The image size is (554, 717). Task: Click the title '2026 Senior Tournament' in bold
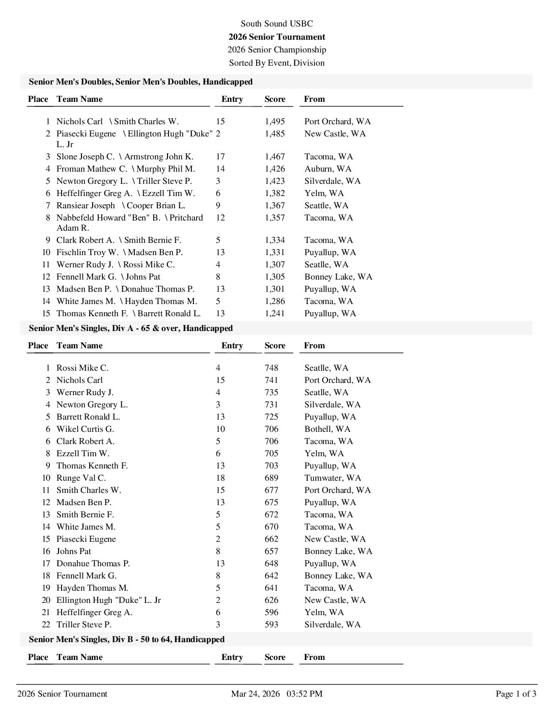tap(276, 37)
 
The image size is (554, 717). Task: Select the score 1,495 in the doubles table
tap(274, 121)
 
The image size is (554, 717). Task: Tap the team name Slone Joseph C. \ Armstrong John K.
tap(125, 156)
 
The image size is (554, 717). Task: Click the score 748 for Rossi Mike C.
tap(271, 368)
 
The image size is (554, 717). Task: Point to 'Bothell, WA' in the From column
tap(327, 429)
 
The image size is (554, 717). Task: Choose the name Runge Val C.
tap(81, 478)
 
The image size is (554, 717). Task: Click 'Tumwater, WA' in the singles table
tap(333, 478)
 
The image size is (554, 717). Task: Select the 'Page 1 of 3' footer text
tap(516, 694)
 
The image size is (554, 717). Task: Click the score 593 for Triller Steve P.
tap(271, 624)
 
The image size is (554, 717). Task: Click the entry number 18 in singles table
tap(220, 478)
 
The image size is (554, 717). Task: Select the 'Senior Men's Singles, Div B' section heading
tap(127, 639)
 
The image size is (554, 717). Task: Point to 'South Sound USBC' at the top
tap(276, 23)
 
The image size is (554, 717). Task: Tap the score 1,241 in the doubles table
tap(274, 313)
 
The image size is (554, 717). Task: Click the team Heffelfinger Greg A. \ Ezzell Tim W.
tap(125, 193)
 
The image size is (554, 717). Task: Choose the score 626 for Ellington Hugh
tap(271, 600)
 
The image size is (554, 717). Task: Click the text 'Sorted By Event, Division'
tap(276, 63)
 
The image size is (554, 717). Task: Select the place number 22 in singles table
tap(46, 624)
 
